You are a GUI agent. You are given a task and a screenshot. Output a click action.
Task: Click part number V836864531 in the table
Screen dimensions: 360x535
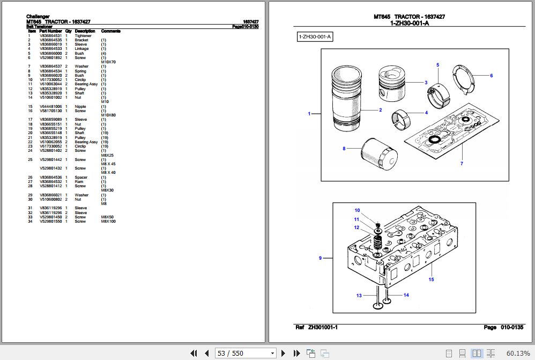pyautogui.click(x=50, y=36)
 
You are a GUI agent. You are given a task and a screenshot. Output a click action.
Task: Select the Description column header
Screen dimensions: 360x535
pyautogui.click(x=85, y=31)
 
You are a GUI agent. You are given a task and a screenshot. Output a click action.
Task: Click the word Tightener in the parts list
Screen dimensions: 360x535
pyautogui.click(x=83, y=36)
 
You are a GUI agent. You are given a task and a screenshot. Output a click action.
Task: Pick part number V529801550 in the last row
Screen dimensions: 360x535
pyautogui.click(x=50, y=222)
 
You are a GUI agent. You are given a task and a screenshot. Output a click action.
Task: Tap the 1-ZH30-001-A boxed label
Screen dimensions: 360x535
pyautogui.click(x=315, y=37)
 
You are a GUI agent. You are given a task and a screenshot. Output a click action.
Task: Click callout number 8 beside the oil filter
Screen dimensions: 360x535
pyautogui.click(x=344, y=149)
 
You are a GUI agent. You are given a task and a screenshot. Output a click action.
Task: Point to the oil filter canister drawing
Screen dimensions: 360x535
pyautogui.click(x=378, y=153)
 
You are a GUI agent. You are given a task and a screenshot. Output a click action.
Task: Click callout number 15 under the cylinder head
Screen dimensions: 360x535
pyautogui.click(x=431, y=280)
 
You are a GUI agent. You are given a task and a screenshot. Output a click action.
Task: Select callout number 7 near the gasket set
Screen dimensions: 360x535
pyautogui.click(x=462, y=164)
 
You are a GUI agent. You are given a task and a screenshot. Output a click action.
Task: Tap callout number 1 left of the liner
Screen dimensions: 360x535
pyautogui.click(x=309, y=114)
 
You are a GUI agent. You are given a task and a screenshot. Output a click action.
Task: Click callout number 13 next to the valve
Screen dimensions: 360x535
pyautogui.click(x=359, y=296)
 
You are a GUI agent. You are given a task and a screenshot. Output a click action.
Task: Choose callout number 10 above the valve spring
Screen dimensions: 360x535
pyautogui.click(x=357, y=210)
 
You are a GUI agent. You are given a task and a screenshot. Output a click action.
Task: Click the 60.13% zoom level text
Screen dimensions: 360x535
pyautogui.click(x=518, y=353)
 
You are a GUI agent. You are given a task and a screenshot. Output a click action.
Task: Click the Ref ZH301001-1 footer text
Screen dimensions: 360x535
pyautogui.click(x=316, y=327)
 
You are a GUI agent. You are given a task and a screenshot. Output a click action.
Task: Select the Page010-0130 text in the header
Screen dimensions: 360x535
pyautogui.click(x=245, y=26)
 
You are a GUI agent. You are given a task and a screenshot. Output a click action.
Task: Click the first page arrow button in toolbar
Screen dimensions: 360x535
pyautogui.click(x=195, y=353)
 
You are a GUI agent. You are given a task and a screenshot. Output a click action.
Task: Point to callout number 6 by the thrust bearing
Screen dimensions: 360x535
pyautogui.click(x=491, y=76)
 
